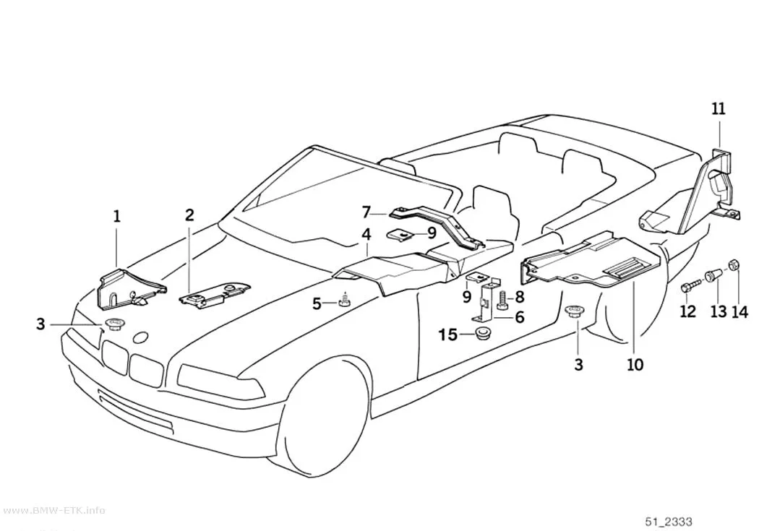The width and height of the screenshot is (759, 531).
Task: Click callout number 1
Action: (x=116, y=216)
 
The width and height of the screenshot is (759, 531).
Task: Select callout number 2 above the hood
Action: (x=189, y=215)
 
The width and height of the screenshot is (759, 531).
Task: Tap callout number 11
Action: (x=719, y=108)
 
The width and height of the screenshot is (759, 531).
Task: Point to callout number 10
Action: (x=635, y=364)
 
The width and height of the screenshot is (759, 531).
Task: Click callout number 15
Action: (x=448, y=334)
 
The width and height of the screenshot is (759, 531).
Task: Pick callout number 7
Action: (x=366, y=212)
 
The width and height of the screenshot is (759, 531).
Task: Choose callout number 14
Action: (x=739, y=311)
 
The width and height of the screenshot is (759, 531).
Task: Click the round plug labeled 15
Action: (x=481, y=333)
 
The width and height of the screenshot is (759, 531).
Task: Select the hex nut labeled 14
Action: (x=734, y=265)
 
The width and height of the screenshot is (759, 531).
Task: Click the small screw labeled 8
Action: (x=501, y=301)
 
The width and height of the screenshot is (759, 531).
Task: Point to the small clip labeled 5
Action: (x=344, y=301)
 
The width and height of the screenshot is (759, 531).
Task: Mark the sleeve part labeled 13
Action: (x=713, y=277)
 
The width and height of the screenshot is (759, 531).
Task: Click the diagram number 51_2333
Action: (x=669, y=522)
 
